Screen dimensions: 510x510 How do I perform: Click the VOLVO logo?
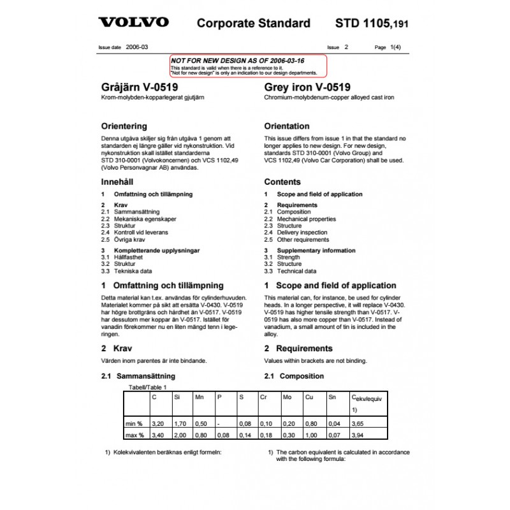click(x=133, y=23)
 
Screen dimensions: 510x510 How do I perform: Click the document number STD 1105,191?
click(x=372, y=24)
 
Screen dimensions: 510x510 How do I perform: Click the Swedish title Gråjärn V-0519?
click(x=140, y=87)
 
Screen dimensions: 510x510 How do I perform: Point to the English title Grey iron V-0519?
click(x=307, y=87)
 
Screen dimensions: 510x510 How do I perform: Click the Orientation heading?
click(x=287, y=126)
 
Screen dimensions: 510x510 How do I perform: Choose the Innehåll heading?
click(x=119, y=182)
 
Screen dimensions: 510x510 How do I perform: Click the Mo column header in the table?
click(x=288, y=397)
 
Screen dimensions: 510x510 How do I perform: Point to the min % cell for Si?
click(x=180, y=423)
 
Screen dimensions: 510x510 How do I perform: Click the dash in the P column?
click(x=219, y=423)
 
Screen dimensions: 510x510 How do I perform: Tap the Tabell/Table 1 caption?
click(x=148, y=387)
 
